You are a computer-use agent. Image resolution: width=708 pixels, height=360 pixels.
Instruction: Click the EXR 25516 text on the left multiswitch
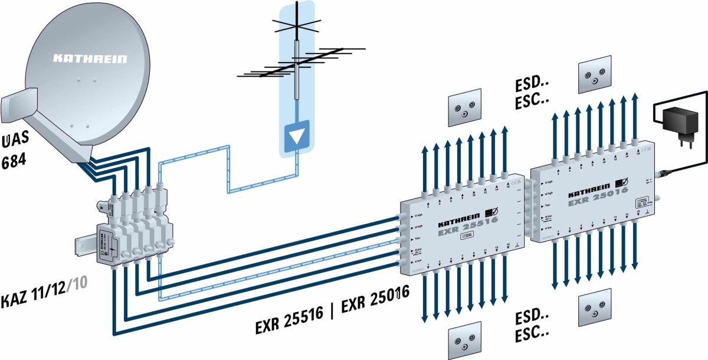(467, 228)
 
